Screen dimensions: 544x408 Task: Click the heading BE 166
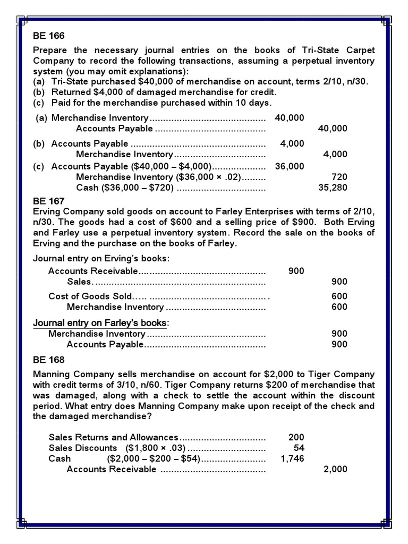coord(48,36)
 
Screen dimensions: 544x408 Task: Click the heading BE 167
coord(48,201)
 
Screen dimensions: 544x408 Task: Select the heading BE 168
coord(48,359)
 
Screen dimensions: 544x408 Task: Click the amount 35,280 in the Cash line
coord(332,188)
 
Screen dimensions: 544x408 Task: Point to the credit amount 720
coord(339,177)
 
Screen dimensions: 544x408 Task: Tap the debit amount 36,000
coord(290,166)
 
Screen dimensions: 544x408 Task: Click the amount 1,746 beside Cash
coord(292,458)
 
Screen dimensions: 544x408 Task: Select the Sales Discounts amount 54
coord(299,448)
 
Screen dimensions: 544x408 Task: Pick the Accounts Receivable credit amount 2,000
coord(335,469)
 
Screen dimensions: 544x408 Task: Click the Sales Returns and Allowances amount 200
coord(296,437)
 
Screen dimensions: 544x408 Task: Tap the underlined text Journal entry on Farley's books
coord(100,323)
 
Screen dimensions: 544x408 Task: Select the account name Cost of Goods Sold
coord(90,296)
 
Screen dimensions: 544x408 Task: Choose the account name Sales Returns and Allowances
coord(114,437)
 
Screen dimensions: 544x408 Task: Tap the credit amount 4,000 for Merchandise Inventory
coord(335,154)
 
